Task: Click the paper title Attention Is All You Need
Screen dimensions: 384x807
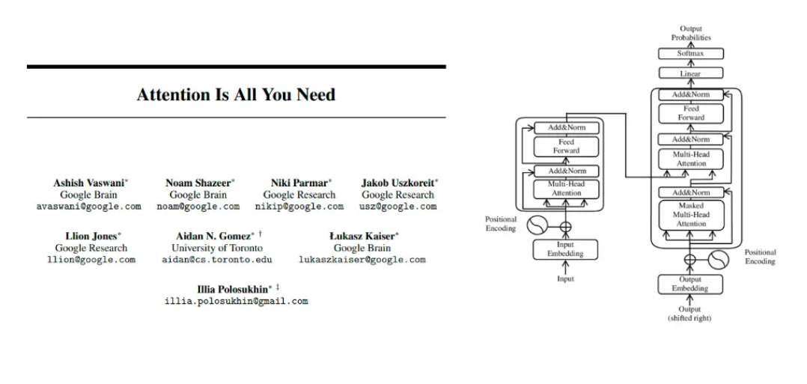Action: [x=236, y=95]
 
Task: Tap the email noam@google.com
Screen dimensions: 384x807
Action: [x=198, y=206]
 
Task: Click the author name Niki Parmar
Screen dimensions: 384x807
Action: [x=299, y=183]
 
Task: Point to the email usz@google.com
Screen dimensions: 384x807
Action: [x=398, y=206]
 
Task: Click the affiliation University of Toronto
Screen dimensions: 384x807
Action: [x=217, y=248]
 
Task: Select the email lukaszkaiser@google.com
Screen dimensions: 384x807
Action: [x=362, y=260]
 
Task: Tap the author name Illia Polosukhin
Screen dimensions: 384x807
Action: [x=234, y=289]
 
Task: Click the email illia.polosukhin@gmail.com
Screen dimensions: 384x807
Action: [x=236, y=301]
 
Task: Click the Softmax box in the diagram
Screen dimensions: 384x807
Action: [x=690, y=54]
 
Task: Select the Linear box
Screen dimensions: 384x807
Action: [x=690, y=74]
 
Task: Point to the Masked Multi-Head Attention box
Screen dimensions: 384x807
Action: [x=690, y=215]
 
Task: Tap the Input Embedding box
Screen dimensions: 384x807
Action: [x=566, y=250]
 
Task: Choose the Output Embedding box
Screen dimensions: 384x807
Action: [x=690, y=284]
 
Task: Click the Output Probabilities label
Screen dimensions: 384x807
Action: [x=690, y=33]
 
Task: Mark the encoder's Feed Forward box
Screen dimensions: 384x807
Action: [x=566, y=146]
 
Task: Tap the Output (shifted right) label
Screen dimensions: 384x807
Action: [x=690, y=314]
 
